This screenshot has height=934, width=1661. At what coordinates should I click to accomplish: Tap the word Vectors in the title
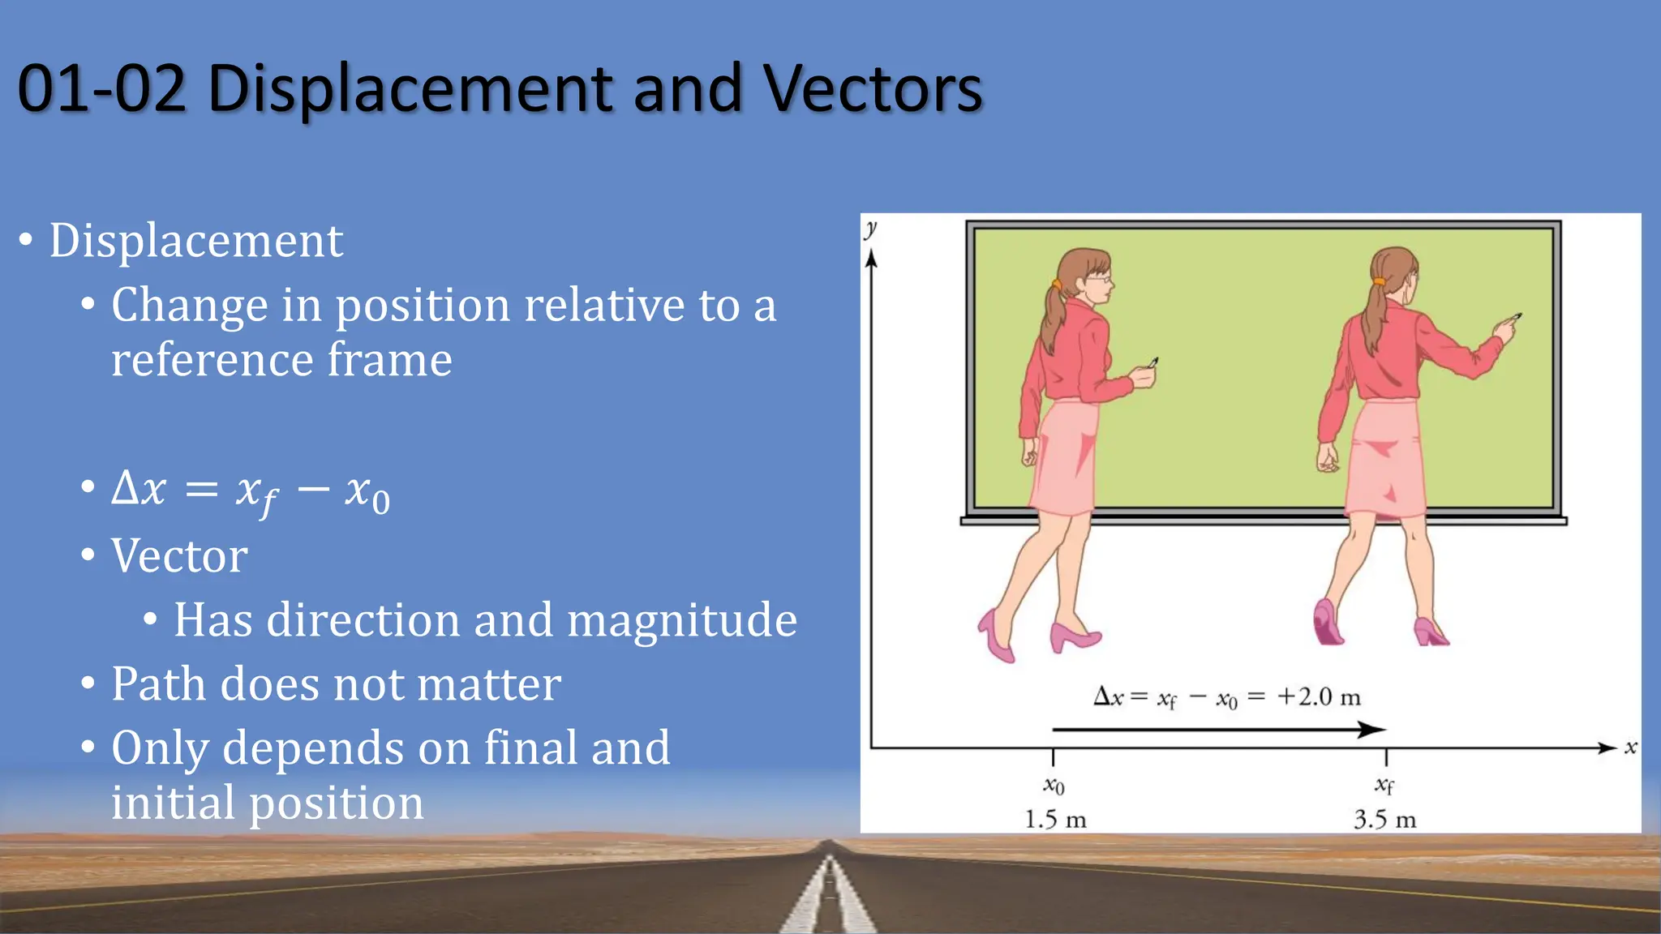(873, 88)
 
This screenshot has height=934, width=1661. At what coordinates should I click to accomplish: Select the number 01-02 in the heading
(102, 88)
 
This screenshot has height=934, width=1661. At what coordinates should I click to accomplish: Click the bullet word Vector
(179, 556)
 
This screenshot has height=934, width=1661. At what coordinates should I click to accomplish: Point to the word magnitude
(681, 620)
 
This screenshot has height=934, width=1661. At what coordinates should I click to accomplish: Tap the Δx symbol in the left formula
(139, 488)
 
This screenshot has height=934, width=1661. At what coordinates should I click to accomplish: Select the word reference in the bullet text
(212, 360)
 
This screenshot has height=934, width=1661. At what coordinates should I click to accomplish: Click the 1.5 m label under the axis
(1054, 820)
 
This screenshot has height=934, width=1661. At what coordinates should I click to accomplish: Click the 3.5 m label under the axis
(1384, 820)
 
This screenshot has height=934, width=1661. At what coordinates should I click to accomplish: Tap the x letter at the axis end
(1630, 747)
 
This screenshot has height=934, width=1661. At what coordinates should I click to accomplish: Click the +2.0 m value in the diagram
(1318, 697)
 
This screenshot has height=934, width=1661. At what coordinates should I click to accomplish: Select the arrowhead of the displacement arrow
(1372, 730)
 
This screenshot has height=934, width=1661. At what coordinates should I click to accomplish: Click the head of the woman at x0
(1084, 276)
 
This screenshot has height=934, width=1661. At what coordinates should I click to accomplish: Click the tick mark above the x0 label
(1053, 757)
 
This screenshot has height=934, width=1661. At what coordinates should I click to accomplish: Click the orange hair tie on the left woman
(1056, 285)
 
